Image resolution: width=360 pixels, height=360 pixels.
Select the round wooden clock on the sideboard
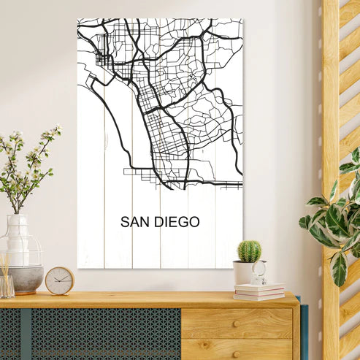59,280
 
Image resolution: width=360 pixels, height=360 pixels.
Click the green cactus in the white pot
249,251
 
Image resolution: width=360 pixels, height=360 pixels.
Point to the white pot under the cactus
244,272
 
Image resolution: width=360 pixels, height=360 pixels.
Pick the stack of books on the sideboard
259,291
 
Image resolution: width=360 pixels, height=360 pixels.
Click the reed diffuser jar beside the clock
7,283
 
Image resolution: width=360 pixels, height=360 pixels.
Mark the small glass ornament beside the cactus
260,274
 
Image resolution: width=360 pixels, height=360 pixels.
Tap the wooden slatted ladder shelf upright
331,146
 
